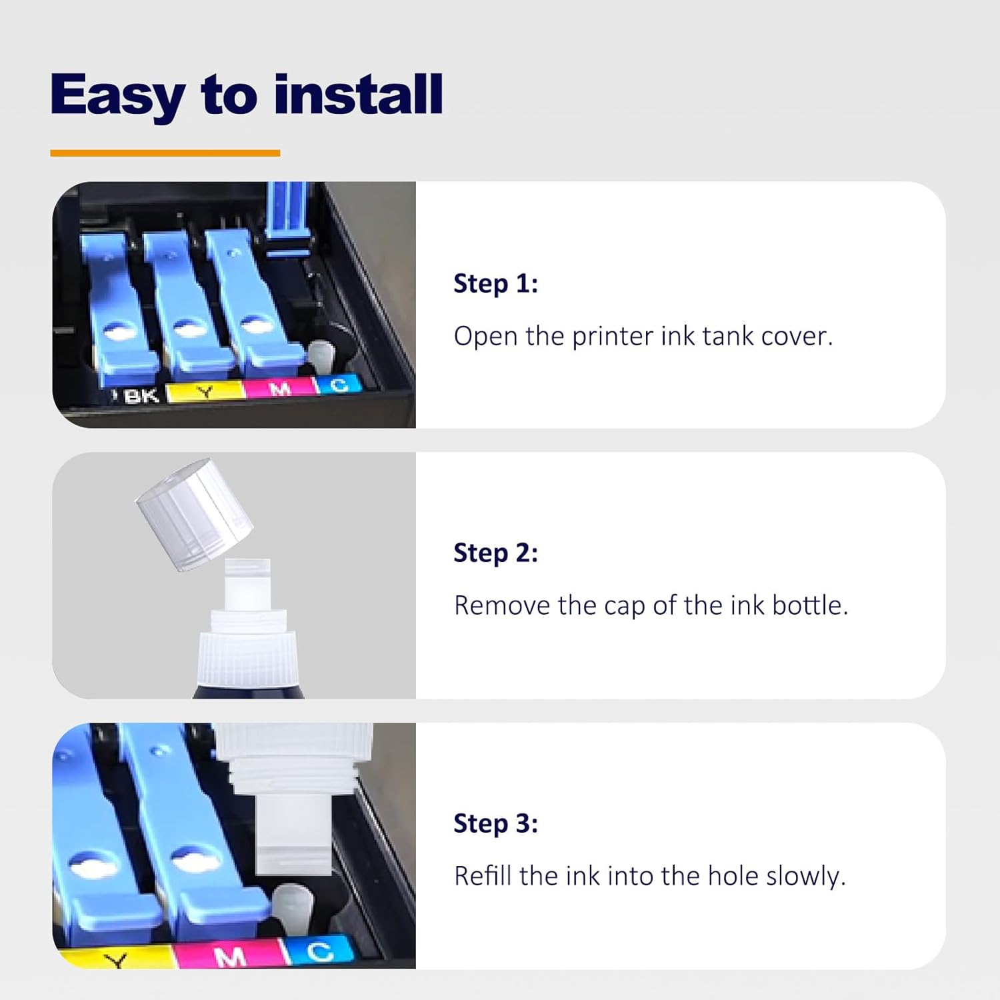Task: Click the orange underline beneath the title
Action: click(x=165, y=153)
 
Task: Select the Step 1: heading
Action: click(x=495, y=283)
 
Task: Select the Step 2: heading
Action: click(x=495, y=553)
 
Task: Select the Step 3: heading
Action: click(x=495, y=823)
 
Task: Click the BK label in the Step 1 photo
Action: click(x=141, y=396)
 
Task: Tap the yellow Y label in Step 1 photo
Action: click(x=205, y=392)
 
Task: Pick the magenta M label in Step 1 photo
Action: click(x=281, y=388)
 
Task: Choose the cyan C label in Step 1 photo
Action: click(x=339, y=385)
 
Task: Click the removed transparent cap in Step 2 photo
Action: click(x=194, y=514)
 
